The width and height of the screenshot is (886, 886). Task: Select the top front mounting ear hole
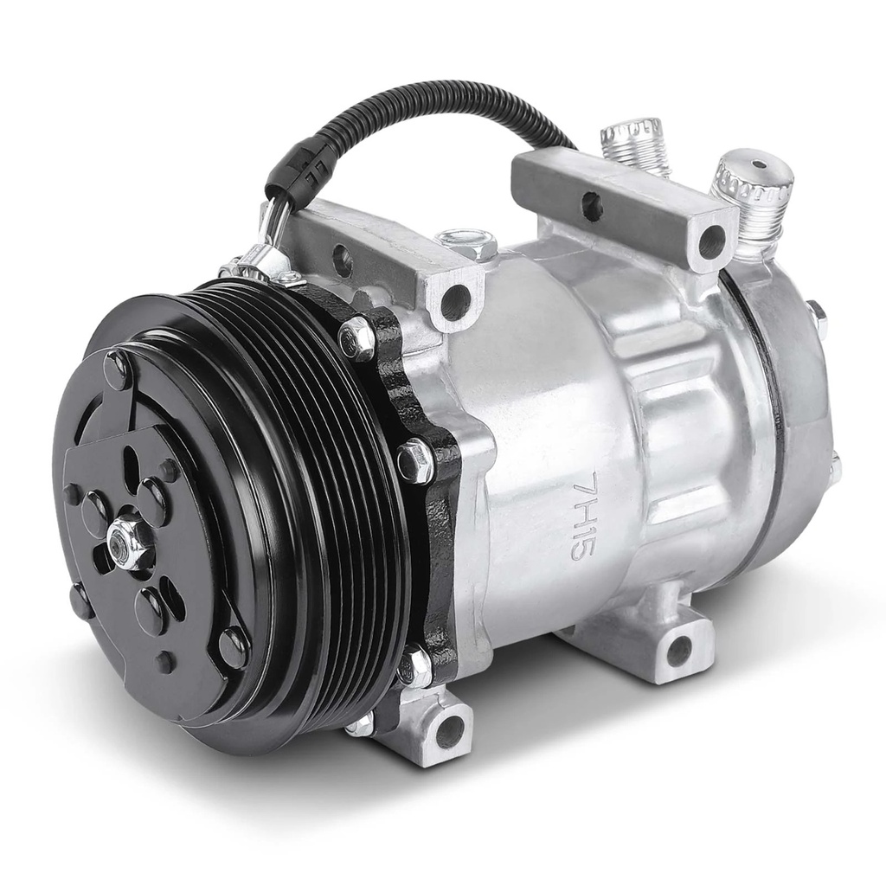pyautogui.click(x=455, y=299)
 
